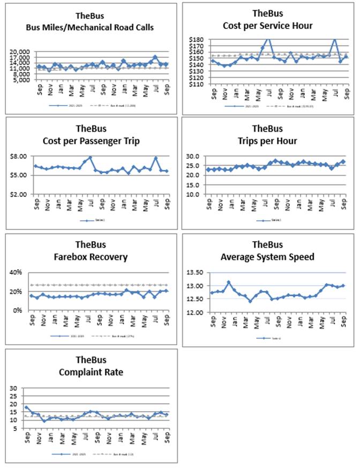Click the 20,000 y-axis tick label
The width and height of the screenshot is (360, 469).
coord(20,52)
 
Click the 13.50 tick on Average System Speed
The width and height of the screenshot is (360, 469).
coord(196,272)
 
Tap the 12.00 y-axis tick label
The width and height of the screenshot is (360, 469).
coord(196,312)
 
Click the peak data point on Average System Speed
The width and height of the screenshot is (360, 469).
coord(229,282)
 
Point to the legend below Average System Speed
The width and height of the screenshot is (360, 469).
coord(266,338)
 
